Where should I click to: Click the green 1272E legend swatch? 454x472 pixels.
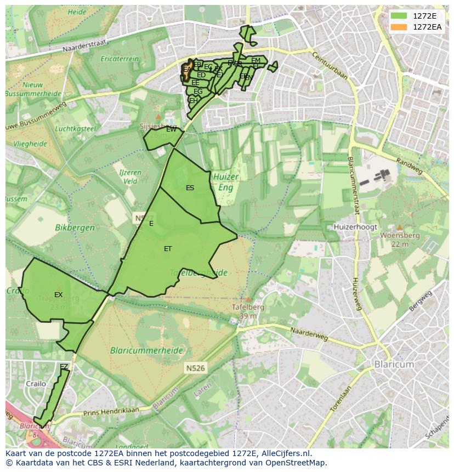coord(399,16)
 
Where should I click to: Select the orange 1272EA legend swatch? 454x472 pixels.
coord(399,27)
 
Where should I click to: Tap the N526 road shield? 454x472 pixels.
coord(195,368)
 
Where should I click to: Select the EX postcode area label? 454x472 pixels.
coord(58,295)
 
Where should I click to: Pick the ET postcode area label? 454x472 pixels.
coord(168,249)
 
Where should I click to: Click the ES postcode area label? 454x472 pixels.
coord(190,188)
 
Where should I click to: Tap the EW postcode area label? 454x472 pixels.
coord(171,129)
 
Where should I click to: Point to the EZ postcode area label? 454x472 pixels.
coord(64,366)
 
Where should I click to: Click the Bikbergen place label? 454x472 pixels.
coord(75,227)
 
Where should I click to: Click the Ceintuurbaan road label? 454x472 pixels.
coord(330,65)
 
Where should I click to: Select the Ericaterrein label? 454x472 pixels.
coord(120,59)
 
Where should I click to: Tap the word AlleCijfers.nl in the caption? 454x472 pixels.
coord(282,453)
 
